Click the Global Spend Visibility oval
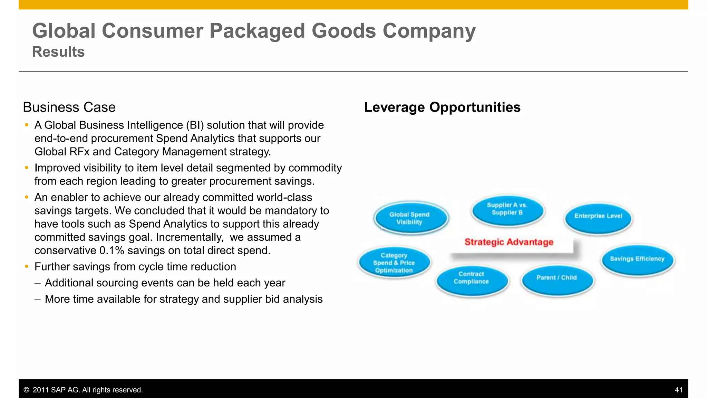[x=410, y=218]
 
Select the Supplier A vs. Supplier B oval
[x=507, y=209]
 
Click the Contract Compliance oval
[x=471, y=278]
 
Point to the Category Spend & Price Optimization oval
[x=394, y=263]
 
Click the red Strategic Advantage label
[x=509, y=242]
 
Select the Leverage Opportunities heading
[x=442, y=107]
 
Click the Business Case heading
[x=69, y=107]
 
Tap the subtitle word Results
[x=58, y=52]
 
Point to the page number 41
[x=678, y=390]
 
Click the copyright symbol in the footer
[x=26, y=390]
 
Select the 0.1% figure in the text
[x=112, y=250]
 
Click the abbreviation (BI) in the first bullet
[x=195, y=125]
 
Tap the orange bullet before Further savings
[x=27, y=267]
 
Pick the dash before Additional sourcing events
[x=38, y=283]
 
